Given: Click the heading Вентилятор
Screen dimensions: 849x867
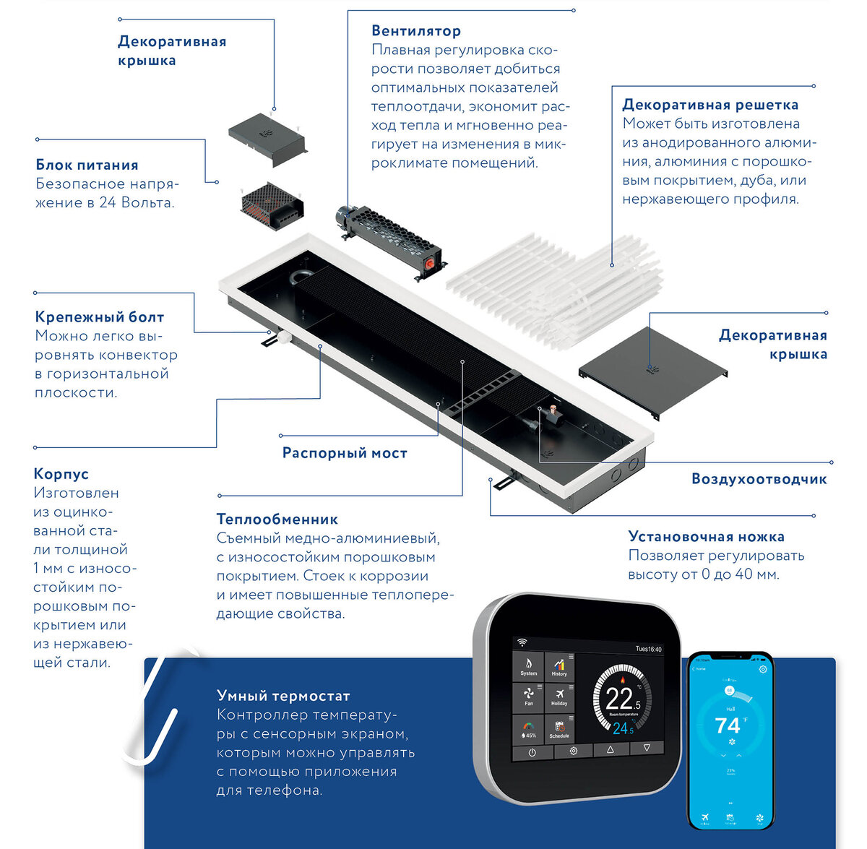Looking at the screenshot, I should point(415,31).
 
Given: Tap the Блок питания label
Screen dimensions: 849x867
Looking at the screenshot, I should point(87,165).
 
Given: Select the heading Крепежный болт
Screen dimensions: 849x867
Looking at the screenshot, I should point(99,317).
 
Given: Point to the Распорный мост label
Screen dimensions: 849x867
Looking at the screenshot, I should point(345,453).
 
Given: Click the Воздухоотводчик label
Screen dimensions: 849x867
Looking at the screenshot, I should point(759,479).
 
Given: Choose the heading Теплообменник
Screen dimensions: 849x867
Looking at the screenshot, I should point(277,520).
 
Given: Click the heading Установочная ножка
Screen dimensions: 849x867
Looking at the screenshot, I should point(706,537).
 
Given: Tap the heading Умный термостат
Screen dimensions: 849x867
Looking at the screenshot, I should point(283,696).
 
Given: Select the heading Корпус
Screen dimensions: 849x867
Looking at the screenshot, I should point(61,474).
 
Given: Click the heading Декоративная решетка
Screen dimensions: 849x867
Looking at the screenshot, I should point(710,105).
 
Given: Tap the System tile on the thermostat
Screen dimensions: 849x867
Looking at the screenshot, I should point(529,666).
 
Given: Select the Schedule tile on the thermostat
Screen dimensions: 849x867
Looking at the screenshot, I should point(559,728).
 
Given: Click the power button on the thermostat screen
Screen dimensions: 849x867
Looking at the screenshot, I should point(532,751).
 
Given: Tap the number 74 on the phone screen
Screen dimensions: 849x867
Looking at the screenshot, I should point(727,725).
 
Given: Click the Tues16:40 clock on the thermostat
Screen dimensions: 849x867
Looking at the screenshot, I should point(648,649).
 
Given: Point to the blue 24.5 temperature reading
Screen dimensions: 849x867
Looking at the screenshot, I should point(623,729).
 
